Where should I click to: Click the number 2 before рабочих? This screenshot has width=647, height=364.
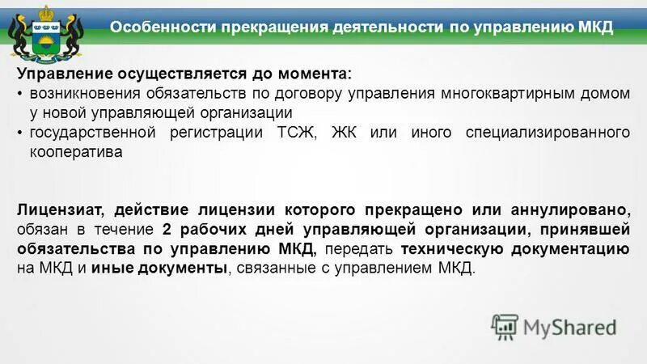(x=167, y=229)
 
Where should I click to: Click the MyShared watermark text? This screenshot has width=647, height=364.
(x=569, y=328)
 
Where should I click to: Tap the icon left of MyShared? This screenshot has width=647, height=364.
(x=505, y=326)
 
